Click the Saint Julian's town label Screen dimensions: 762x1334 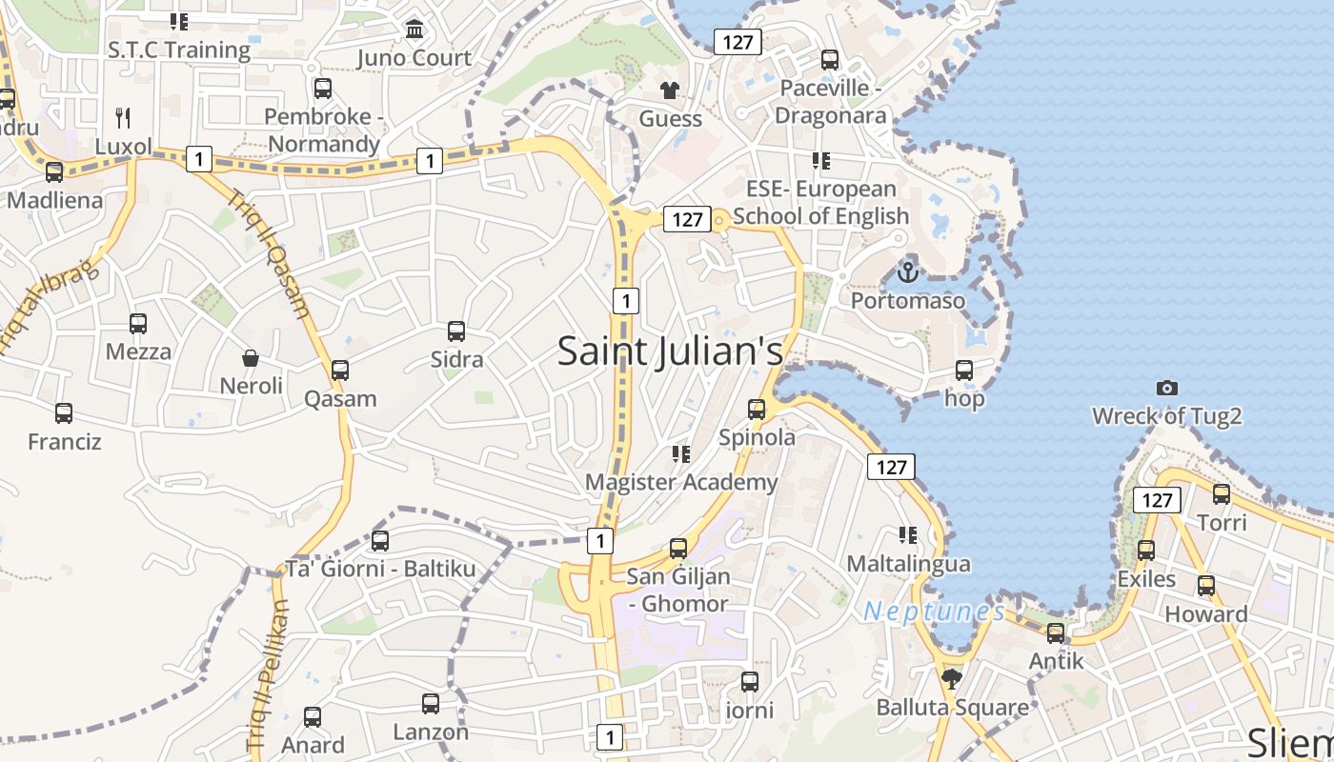[670, 351]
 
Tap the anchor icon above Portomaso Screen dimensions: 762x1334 [907, 272]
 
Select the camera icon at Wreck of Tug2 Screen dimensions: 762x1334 [1166, 388]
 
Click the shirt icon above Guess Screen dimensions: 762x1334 [670, 90]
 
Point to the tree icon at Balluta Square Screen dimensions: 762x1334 [950, 679]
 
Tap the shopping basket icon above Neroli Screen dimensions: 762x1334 [251, 358]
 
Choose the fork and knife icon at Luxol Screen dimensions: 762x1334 [123, 118]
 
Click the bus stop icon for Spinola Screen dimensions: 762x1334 [757, 410]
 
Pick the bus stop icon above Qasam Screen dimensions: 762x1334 [340, 371]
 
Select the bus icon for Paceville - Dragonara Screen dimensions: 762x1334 [830, 60]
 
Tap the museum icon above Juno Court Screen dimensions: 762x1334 [414, 30]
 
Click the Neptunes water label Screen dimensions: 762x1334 [934, 612]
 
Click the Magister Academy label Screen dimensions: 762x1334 [681, 482]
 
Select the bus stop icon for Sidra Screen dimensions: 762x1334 [456, 331]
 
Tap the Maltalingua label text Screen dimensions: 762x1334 [908, 564]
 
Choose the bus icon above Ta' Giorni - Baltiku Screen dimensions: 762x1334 [380, 541]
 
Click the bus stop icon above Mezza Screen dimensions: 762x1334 [138, 324]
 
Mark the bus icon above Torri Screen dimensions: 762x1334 [1222, 494]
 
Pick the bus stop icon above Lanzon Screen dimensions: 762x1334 [431, 704]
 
